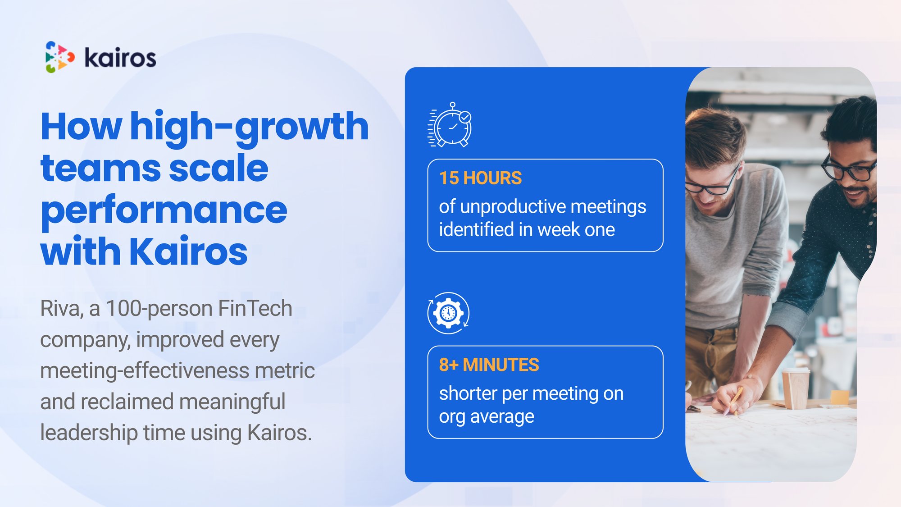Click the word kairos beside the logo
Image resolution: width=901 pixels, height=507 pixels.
[120, 58]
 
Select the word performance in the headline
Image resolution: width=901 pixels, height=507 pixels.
[164, 211]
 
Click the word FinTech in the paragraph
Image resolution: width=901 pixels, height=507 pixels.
[255, 309]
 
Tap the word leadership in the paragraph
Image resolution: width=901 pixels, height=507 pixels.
[89, 433]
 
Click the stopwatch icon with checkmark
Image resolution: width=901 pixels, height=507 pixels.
[450, 124]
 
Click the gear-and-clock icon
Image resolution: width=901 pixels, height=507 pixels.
[448, 313]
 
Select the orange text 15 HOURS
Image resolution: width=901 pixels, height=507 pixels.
[480, 178]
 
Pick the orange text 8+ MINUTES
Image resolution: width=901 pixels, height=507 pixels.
[489, 365]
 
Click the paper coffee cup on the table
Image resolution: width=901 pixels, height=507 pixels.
[796, 388]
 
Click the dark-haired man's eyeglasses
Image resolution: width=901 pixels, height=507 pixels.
[848, 169]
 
